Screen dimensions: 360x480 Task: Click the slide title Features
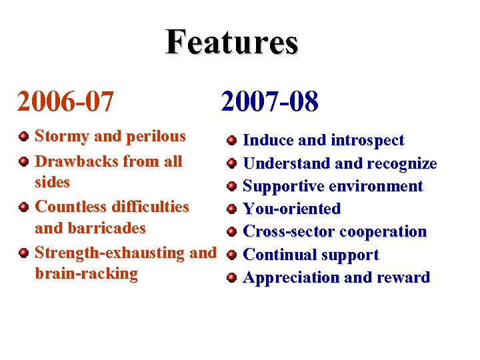232,42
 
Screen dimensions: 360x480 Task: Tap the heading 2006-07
65,102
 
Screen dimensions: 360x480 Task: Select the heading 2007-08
270,102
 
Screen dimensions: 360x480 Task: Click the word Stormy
61,137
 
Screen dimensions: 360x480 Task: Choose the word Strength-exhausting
111,253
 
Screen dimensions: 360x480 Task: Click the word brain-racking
86,274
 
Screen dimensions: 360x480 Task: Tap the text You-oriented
292,209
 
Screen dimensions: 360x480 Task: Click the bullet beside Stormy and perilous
24,137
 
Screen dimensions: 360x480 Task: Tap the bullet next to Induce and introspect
231,141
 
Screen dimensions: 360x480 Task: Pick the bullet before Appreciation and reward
231,278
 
